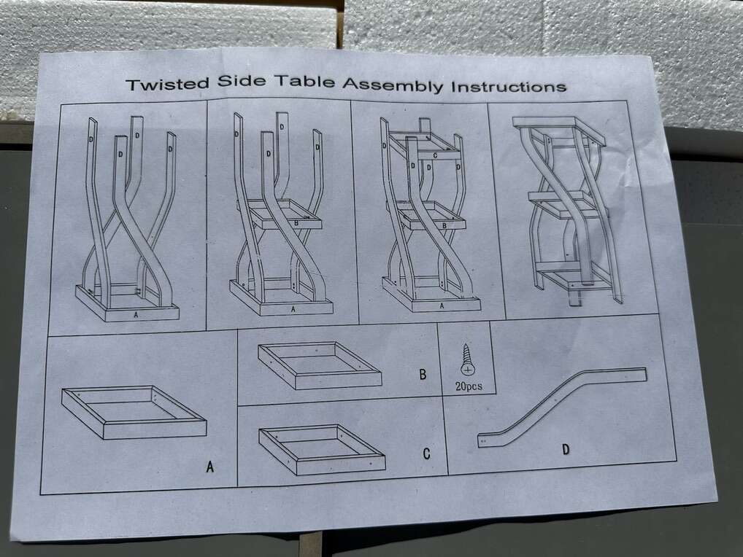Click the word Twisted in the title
[167, 84]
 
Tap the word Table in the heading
[304, 82]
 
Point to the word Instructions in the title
[509, 87]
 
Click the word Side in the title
[242, 81]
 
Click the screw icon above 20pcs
[466, 361]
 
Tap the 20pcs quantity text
[469, 386]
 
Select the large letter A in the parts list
[210, 467]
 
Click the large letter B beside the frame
[423, 374]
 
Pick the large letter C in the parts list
[426, 453]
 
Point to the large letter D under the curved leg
[566, 449]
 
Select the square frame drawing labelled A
[134, 412]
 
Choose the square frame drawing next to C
[322, 449]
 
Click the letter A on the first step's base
[136, 314]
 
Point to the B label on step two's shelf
[296, 222]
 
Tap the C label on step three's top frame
[435, 155]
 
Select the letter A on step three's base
[442, 305]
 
